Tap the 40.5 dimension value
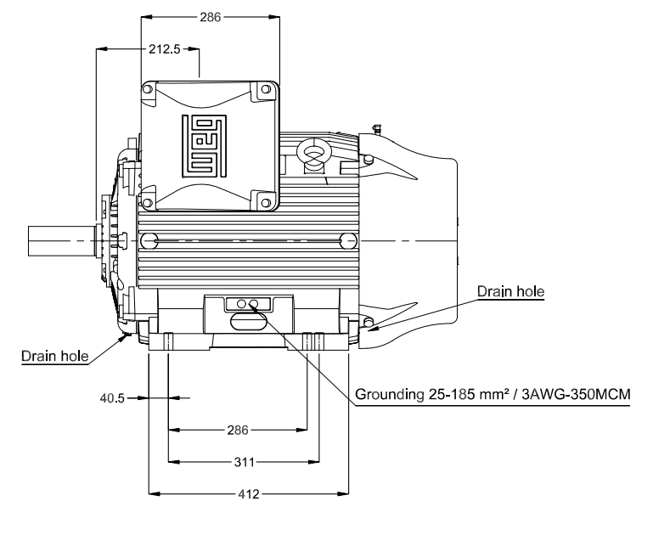tap(110, 397)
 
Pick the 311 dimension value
tap(244, 463)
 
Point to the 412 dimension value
tap(248, 493)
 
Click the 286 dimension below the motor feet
tap(238, 431)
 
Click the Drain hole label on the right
tap(510, 290)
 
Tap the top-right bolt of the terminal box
tap(267, 87)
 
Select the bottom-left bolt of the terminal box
tap(149, 202)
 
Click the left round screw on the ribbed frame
tap(153, 240)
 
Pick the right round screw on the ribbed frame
tap(346, 240)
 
